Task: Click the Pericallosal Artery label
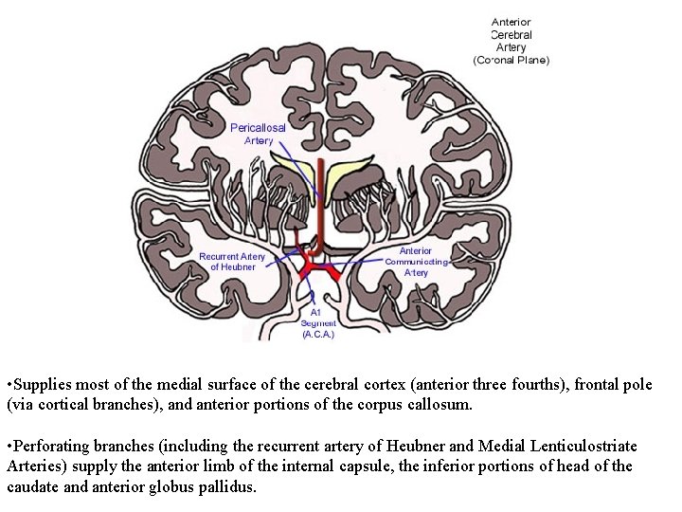click(258, 134)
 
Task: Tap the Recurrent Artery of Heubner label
click(232, 262)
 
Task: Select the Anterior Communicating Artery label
click(416, 262)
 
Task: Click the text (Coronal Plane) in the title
click(511, 60)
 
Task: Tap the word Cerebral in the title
click(511, 34)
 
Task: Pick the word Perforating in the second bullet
click(51, 446)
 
